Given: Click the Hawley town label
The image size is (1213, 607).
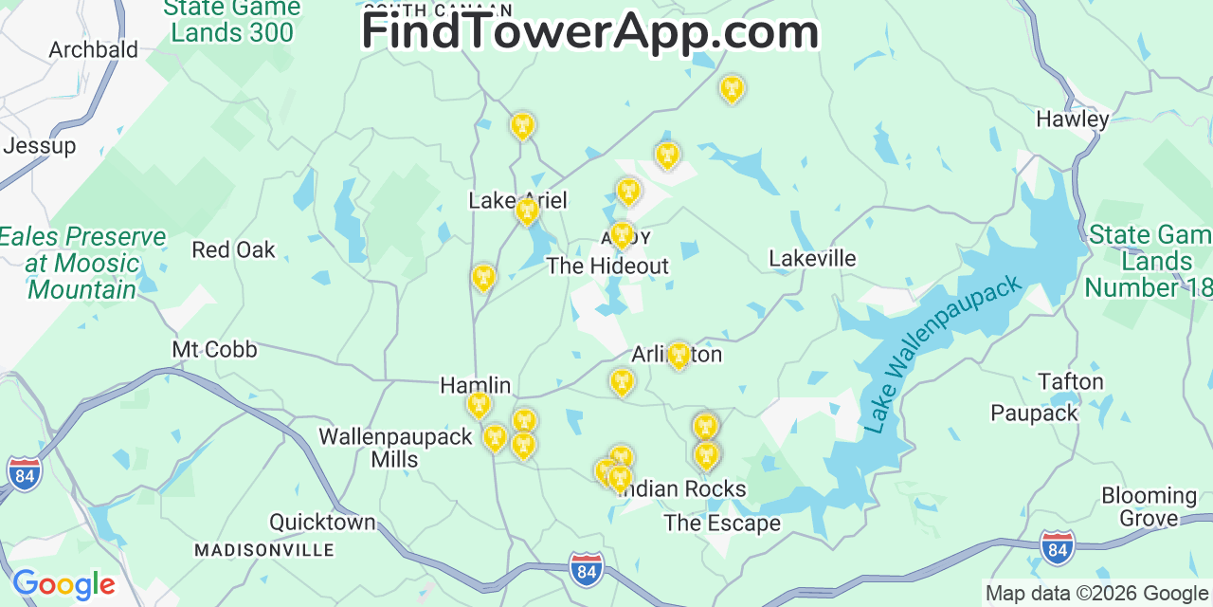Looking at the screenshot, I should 1072,119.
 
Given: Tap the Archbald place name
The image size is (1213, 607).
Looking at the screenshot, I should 93,49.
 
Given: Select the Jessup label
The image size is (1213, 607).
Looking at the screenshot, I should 39,146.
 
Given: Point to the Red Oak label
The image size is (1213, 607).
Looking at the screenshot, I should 233,249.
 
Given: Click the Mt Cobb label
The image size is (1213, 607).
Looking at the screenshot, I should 214,349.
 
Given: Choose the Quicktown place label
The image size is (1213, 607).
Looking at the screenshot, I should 322,522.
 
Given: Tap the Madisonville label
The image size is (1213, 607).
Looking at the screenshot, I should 264,550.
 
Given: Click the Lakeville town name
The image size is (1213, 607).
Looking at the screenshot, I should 812,258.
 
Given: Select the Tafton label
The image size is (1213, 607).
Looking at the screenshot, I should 1071,381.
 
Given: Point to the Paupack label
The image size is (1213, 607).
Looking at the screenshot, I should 1034,413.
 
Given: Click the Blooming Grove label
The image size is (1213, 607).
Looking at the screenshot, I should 1149,506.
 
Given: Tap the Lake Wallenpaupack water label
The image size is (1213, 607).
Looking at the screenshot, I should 943,353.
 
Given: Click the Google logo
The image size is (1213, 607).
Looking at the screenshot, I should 63,584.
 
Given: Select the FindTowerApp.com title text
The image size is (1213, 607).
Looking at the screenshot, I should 589,30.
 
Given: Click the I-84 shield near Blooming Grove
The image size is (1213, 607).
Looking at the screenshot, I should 1057,548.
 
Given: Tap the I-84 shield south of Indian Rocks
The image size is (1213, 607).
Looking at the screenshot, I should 588,569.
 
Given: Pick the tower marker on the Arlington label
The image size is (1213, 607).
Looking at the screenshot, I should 679,356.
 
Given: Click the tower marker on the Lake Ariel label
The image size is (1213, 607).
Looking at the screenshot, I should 527,211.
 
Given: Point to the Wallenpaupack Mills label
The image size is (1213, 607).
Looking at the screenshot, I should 395,448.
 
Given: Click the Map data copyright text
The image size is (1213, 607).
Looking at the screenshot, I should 1097,593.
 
